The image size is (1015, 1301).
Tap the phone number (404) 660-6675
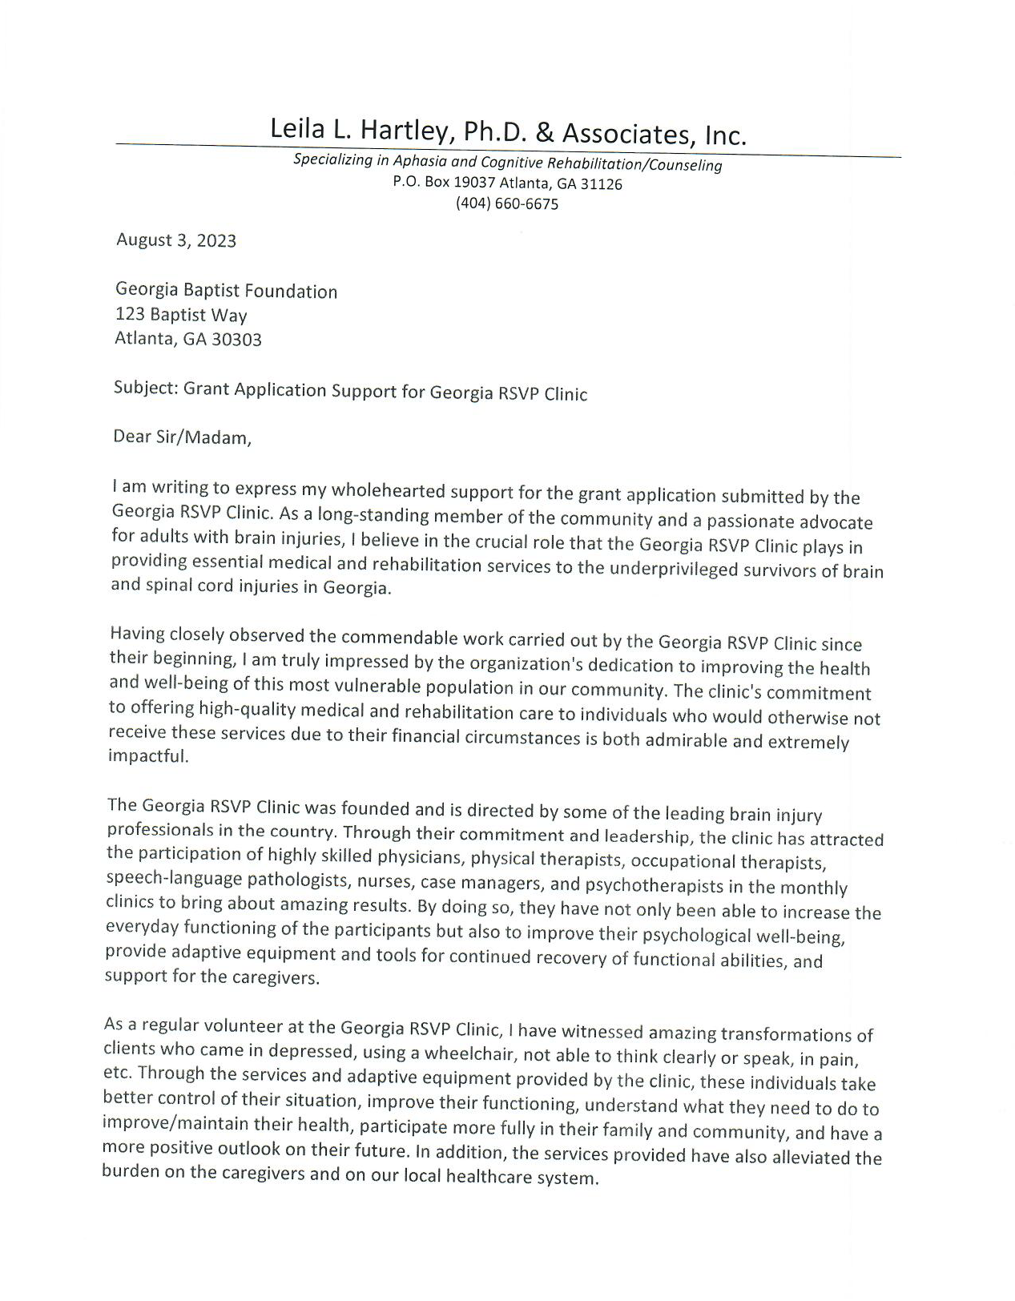tap(506, 203)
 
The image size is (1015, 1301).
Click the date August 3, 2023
tap(176, 240)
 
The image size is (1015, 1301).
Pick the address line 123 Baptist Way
tap(181, 314)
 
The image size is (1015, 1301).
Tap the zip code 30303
tap(236, 340)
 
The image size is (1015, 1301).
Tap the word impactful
tap(147, 756)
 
